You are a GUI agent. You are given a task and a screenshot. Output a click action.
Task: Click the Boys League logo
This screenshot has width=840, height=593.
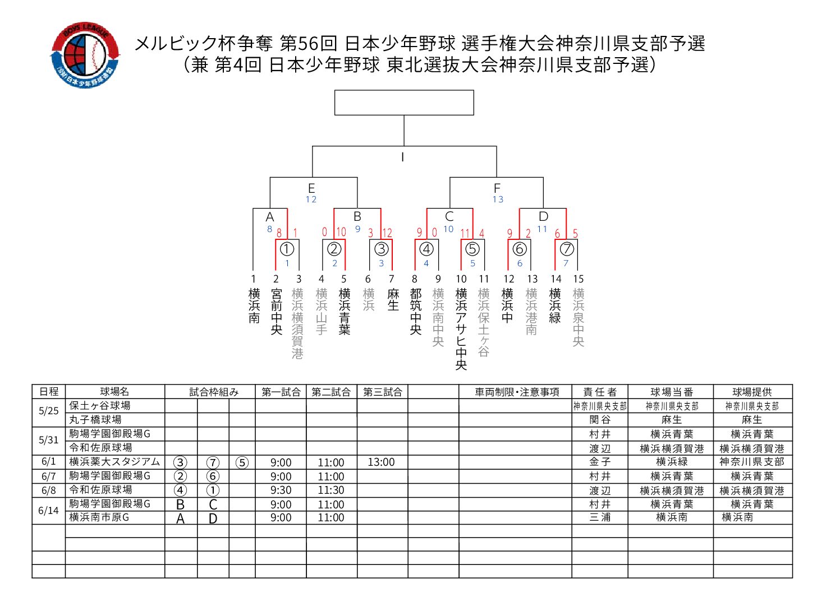[85, 55]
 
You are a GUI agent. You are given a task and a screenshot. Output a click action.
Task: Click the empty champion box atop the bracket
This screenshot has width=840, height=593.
[404, 103]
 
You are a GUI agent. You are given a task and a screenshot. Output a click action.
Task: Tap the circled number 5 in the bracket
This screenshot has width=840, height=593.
[472, 249]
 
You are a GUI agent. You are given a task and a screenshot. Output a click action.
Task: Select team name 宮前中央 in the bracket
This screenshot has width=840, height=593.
[276, 312]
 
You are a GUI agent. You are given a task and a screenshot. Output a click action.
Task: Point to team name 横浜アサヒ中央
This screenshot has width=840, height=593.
[461, 328]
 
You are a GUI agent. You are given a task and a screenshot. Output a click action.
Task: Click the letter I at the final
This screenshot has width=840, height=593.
[402, 157]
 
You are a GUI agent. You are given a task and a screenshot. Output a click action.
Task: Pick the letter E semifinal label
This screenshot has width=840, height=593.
[311, 188]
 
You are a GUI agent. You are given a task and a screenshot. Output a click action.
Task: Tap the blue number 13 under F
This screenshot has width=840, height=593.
[498, 200]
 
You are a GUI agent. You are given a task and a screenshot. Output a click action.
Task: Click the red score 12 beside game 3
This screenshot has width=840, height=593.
[387, 233]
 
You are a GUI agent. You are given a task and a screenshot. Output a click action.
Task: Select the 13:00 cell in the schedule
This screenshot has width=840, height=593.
[381, 462]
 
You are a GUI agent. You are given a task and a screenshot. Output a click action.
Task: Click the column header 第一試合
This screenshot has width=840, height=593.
[281, 392]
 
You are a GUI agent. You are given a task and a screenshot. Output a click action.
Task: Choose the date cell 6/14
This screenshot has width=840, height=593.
[48, 511]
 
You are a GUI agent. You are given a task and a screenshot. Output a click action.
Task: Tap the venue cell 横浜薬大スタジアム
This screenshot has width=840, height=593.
[114, 462]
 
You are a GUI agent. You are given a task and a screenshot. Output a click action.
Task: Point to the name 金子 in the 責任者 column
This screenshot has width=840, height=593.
[600, 462]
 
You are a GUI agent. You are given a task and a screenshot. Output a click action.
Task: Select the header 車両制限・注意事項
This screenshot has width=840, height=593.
[517, 392]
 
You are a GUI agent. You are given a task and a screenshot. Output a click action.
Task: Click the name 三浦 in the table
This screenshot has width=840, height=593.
[600, 517]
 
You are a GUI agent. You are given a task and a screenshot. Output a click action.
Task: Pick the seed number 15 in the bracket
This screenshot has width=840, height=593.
[579, 279]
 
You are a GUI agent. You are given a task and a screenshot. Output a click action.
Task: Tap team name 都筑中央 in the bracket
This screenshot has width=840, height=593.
[415, 312]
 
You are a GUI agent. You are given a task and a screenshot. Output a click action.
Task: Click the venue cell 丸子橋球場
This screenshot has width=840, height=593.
[95, 419]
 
